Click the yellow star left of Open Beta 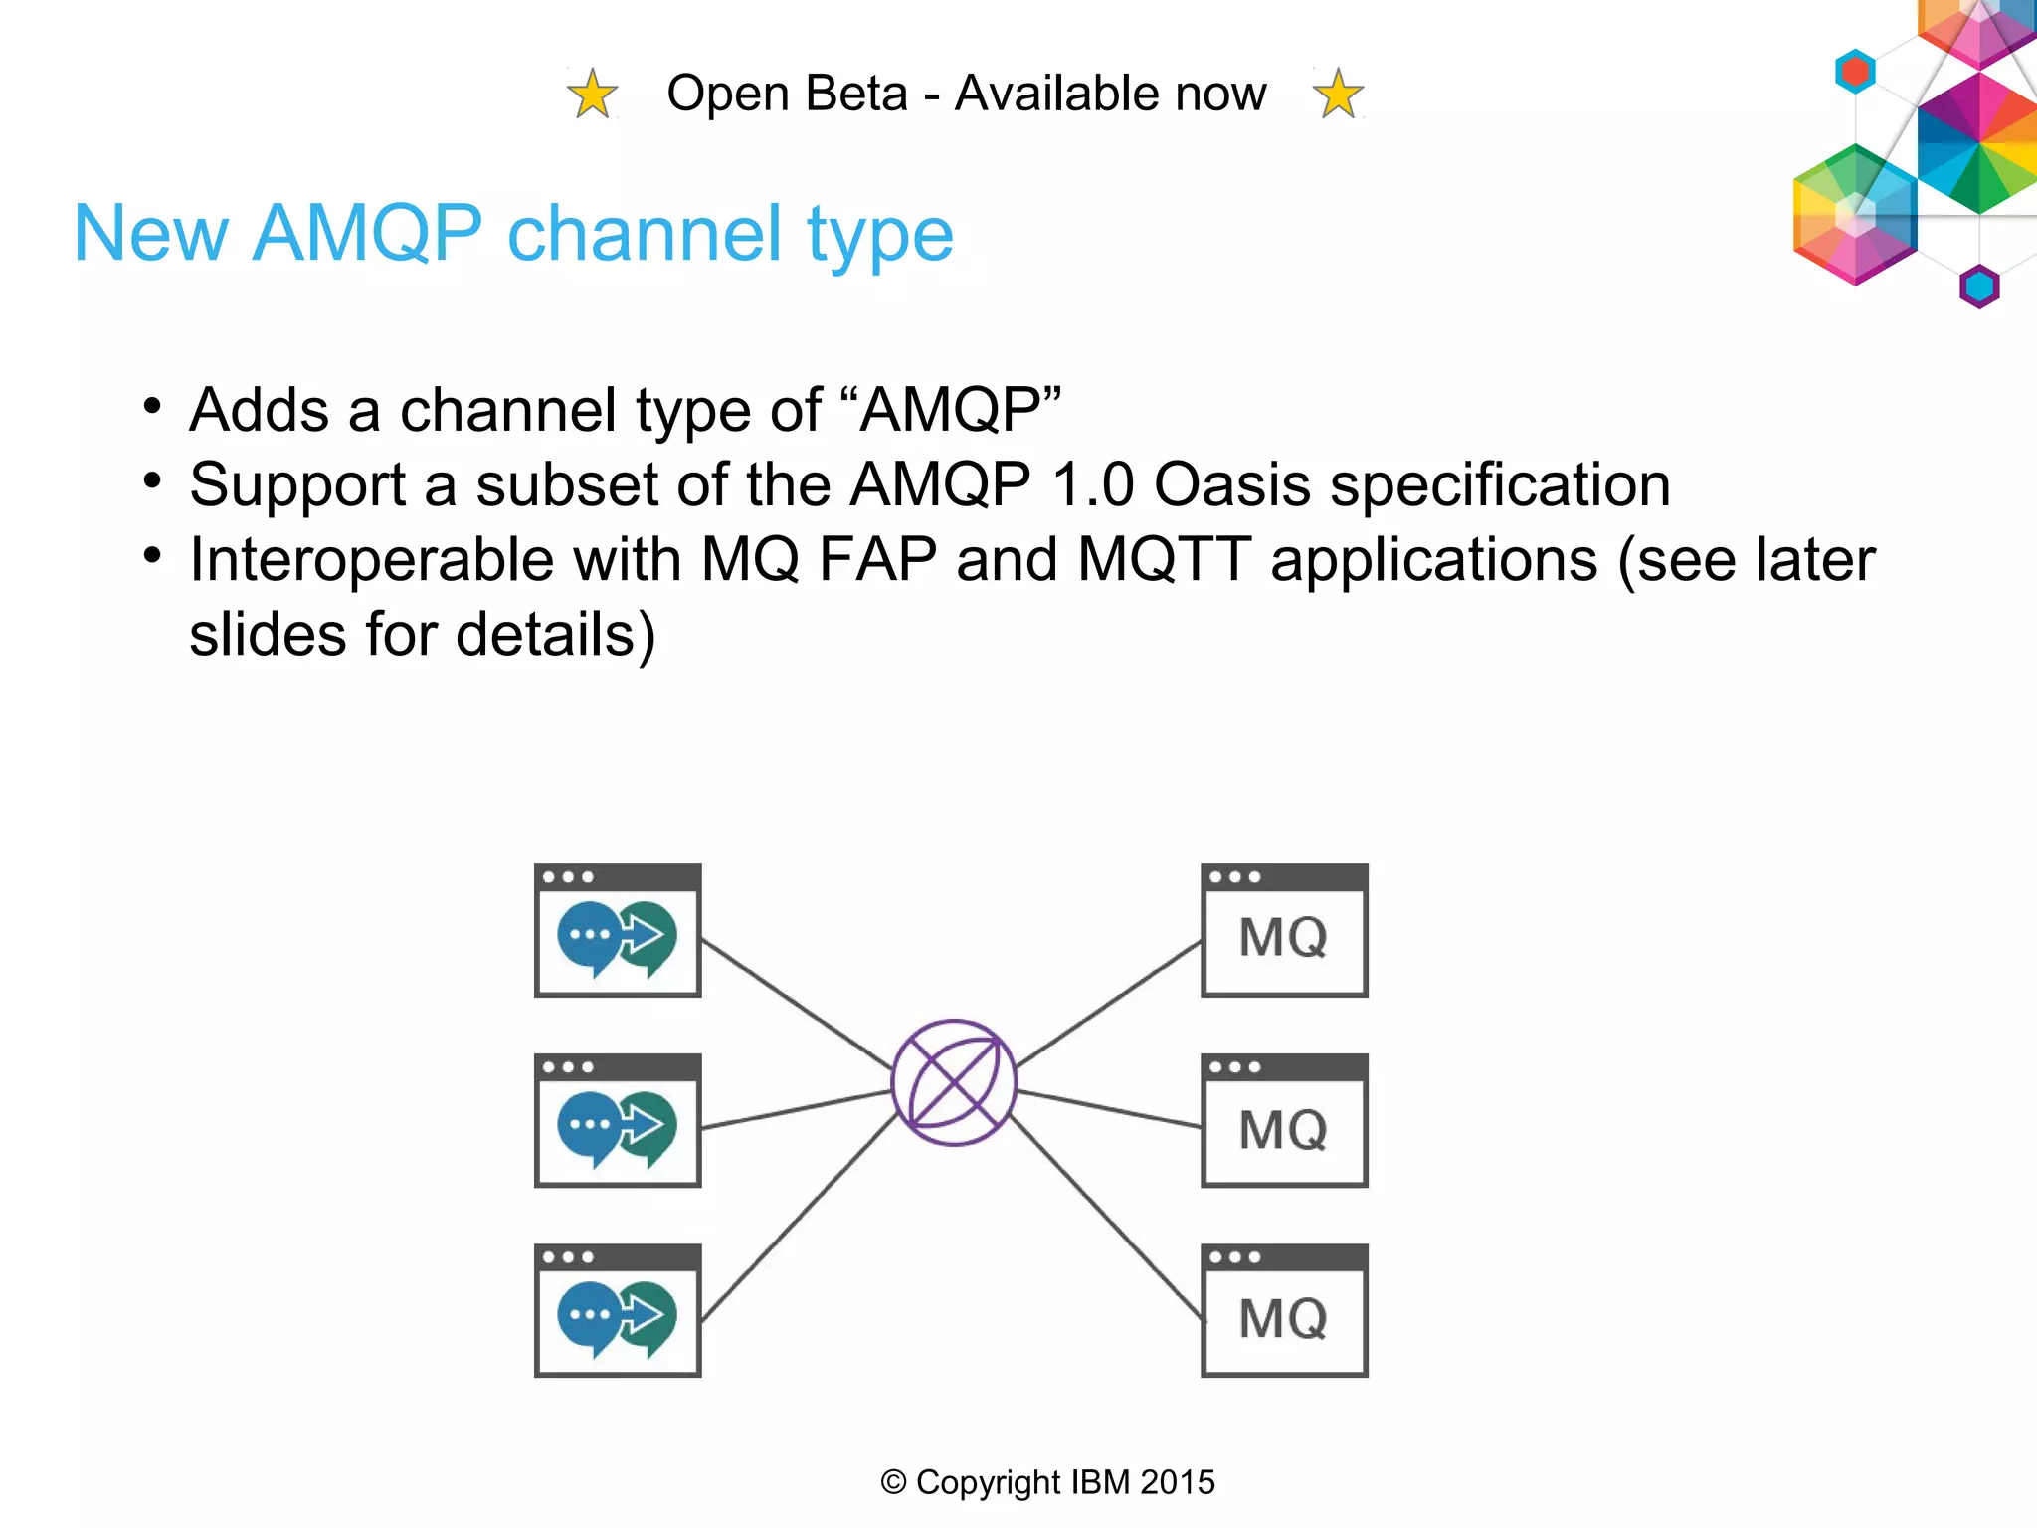(x=593, y=95)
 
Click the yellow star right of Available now (x=1338, y=95)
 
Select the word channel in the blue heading (x=644, y=234)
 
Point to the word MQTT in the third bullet (x=1164, y=559)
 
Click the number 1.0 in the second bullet (x=1092, y=484)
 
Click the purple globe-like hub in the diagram (x=954, y=1082)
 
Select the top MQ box (x=1284, y=931)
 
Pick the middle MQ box (x=1284, y=1121)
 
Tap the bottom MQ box (x=1284, y=1311)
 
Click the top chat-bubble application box (x=618, y=931)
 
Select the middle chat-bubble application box (x=618, y=1121)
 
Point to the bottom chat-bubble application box (x=618, y=1311)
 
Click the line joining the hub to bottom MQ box (x=1104, y=1216)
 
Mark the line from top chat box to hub (x=796, y=1004)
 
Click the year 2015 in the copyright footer (x=1178, y=1482)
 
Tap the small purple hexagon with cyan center (x=1979, y=286)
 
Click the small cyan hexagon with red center (x=1855, y=72)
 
